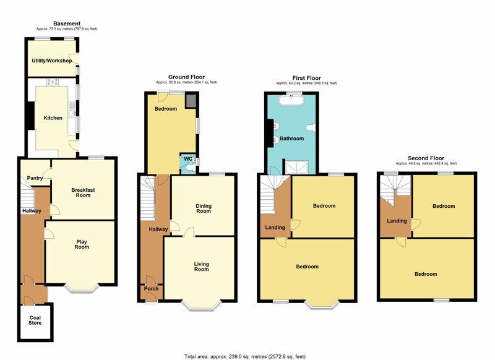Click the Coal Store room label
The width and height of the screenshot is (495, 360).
(x=35, y=320)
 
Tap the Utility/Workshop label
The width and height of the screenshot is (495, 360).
(x=52, y=60)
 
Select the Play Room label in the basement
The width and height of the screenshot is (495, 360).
(x=82, y=244)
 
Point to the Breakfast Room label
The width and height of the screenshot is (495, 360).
(x=83, y=192)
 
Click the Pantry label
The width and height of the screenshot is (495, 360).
(x=35, y=178)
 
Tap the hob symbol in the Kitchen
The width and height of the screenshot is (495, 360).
(x=53, y=82)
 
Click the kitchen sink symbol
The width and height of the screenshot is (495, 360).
(x=72, y=109)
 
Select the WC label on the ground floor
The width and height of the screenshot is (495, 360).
(x=188, y=159)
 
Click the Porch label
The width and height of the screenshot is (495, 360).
(x=151, y=288)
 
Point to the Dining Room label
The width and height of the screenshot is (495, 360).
(x=204, y=208)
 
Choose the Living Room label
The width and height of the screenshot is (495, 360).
(x=202, y=267)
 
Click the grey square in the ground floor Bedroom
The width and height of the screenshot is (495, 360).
(x=191, y=101)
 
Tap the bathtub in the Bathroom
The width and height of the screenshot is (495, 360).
(x=291, y=100)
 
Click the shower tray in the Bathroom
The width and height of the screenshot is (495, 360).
(x=297, y=167)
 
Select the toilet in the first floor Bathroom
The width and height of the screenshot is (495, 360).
(x=311, y=127)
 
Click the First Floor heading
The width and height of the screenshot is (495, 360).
(x=306, y=77)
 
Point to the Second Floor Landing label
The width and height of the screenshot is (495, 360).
(x=397, y=221)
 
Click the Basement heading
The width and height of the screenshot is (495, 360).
(x=67, y=24)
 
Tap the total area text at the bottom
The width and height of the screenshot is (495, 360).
(x=245, y=356)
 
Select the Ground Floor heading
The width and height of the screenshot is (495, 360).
(x=186, y=77)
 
